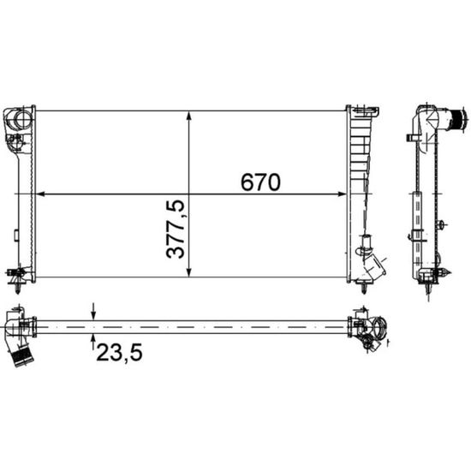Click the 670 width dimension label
(260, 182)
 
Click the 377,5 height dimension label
(175, 230)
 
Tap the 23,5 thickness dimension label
(119, 352)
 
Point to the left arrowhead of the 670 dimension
(40, 194)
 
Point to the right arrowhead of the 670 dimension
(342, 194)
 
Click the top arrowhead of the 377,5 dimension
(188, 116)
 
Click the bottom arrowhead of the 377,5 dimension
(188, 271)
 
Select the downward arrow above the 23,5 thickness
(93, 312)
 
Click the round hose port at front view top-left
(23, 118)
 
